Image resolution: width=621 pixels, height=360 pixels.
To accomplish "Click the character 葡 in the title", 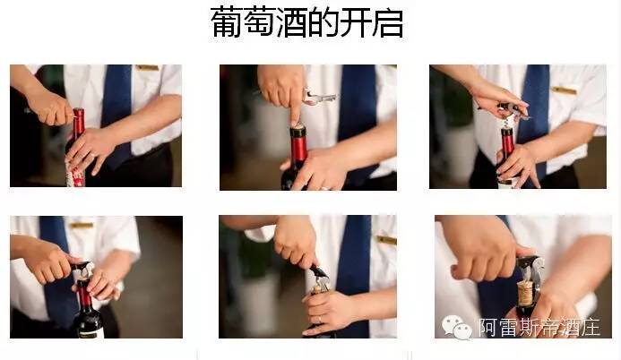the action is (x=226, y=22).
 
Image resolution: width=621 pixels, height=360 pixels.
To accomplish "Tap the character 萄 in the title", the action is (x=259, y=22).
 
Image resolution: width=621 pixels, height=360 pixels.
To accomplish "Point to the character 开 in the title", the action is (x=355, y=22).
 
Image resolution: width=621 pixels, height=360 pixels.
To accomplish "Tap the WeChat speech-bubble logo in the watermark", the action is (x=457, y=327).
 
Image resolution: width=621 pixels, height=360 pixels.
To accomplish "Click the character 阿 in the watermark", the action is (x=489, y=327).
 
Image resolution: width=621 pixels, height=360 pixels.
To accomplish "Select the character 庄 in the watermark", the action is (x=591, y=327).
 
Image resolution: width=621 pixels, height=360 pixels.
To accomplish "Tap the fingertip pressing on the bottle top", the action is (x=296, y=119).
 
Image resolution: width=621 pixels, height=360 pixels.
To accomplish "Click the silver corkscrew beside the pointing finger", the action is (x=320, y=98).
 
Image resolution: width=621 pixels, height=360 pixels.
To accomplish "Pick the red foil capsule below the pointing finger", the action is (x=298, y=143).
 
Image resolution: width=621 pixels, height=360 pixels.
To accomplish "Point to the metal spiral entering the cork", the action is (x=505, y=123).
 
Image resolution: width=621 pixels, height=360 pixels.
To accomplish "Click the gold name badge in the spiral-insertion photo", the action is (x=564, y=90).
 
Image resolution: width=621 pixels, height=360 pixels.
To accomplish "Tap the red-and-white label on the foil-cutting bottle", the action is (x=75, y=177).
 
